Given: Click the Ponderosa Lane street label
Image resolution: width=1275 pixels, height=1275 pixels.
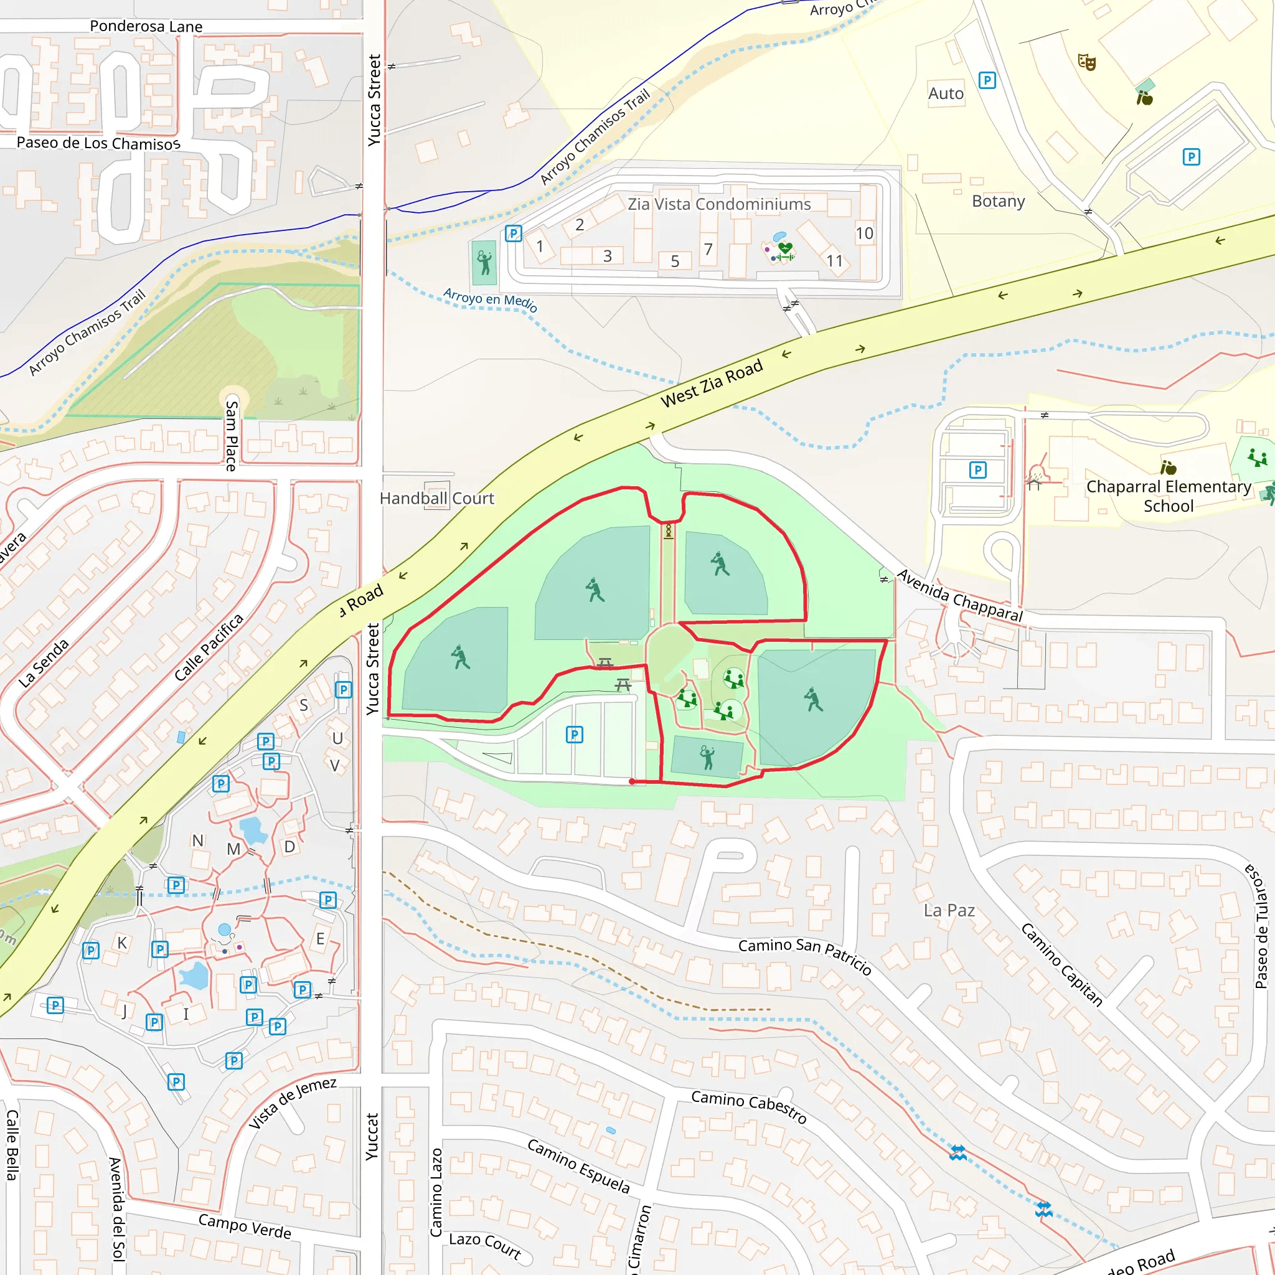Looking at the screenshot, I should [x=146, y=26].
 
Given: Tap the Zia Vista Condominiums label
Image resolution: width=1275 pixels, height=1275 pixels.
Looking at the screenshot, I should [x=718, y=204].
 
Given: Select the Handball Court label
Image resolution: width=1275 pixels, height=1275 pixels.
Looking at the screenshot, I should [x=436, y=498].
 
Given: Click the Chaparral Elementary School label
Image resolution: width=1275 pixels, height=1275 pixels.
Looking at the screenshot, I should [x=1168, y=496].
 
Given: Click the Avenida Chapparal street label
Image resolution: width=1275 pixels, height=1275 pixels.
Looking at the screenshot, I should [x=959, y=596].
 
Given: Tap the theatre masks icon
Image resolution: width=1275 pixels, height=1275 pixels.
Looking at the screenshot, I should [x=1086, y=62].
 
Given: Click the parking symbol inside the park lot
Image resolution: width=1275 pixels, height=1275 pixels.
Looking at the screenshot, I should [x=574, y=735].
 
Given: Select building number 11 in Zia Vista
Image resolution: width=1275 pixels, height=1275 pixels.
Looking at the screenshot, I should [x=834, y=261].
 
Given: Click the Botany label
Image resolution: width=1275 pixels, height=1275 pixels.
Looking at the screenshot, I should [x=998, y=200].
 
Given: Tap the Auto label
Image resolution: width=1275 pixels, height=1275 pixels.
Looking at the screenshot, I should [x=946, y=94].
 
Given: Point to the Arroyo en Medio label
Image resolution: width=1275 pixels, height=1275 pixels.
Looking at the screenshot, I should [x=491, y=299].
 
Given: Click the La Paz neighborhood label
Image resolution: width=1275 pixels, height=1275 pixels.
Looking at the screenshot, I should [x=948, y=910].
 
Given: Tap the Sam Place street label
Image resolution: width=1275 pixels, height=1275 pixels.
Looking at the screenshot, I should [x=231, y=436].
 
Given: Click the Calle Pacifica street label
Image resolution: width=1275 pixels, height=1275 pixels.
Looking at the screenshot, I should [x=209, y=647].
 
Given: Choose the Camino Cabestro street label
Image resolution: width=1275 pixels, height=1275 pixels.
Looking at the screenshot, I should [x=748, y=1106].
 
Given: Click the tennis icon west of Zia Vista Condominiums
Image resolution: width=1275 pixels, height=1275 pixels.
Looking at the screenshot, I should [x=484, y=262].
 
